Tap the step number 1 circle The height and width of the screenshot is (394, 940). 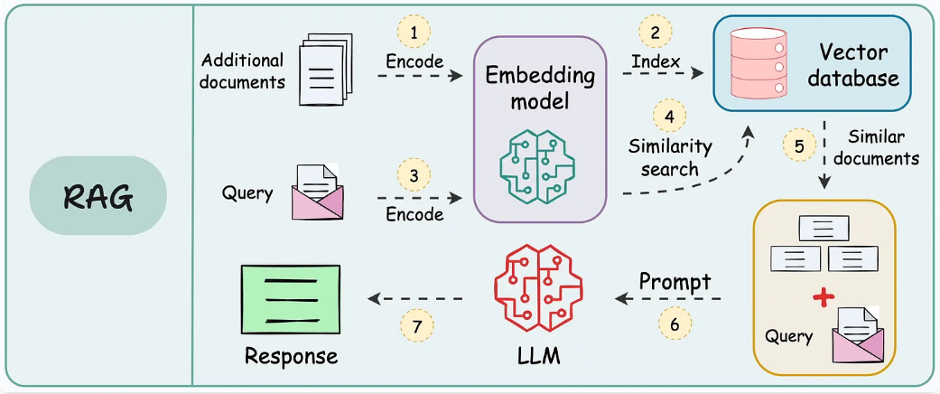tap(414, 33)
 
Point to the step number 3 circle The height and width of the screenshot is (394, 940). tap(414, 177)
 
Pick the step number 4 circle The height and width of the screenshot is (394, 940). tap(668, 116)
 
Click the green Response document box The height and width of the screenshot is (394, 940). tap(290, 299)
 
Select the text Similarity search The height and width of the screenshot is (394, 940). tap(670, 156)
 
